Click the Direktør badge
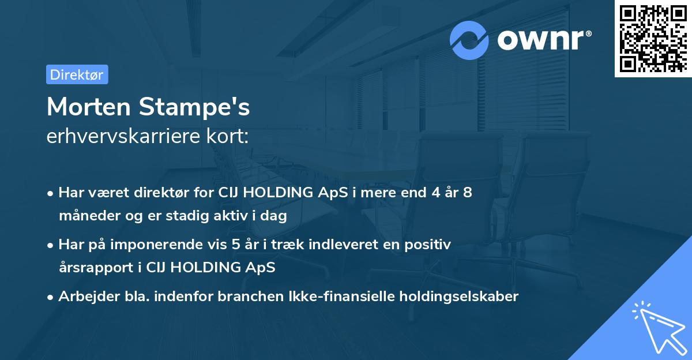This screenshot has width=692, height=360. click(x=77, y=74)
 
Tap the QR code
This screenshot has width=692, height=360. click(x=652, y=38)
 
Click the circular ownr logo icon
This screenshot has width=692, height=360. click(x=469, y=40)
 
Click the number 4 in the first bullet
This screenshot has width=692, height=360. click(x=428, y=193)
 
